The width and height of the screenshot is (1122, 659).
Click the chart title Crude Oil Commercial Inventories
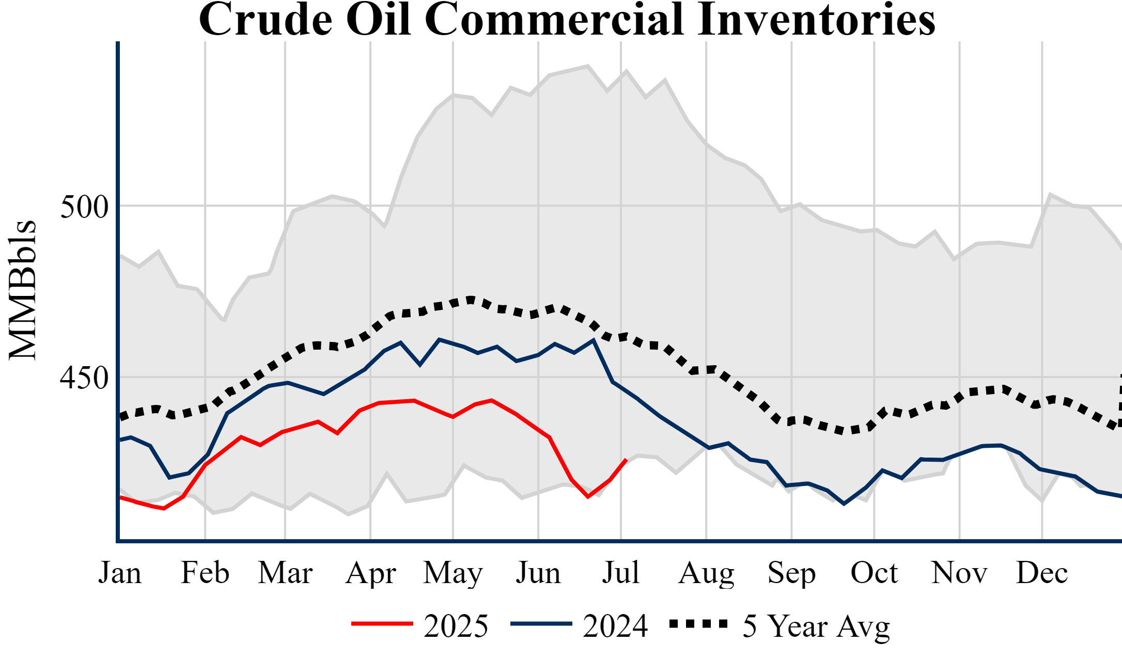(x=567, y=20)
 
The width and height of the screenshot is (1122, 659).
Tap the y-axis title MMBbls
(x=23, y=289)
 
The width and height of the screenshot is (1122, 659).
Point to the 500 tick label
(x=84, y=207)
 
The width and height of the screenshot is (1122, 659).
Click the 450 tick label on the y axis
(x=84, y=378)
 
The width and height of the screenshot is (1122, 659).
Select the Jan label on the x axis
(x=120, y=573)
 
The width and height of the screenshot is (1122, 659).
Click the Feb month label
(x=205, y=573)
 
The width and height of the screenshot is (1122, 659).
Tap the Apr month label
(x=371, y=573)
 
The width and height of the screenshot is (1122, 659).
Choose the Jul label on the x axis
(x=621, y=573)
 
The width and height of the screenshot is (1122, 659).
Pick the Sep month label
(x=791, y=573)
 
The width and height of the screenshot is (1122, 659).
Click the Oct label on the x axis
(x=874, y=573)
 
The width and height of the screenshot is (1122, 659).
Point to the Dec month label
(x=1042, y=573)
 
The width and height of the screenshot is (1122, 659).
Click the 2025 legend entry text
(x=456, y=626)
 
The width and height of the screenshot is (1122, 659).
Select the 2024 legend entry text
(x=615, y=626)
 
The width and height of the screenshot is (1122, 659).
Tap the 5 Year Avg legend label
(x=816, y=626)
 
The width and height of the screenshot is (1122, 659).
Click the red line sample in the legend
(x=382, y=624)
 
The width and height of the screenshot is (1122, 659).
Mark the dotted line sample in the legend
(x=698, y=624)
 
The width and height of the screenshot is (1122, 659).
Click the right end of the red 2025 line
(x=626, y=460)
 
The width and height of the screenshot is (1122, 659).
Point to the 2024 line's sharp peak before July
(x=594, y=340)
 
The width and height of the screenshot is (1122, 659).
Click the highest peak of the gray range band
(x=588, y=66)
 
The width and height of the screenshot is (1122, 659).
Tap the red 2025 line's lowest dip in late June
(x=588, y=496)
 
